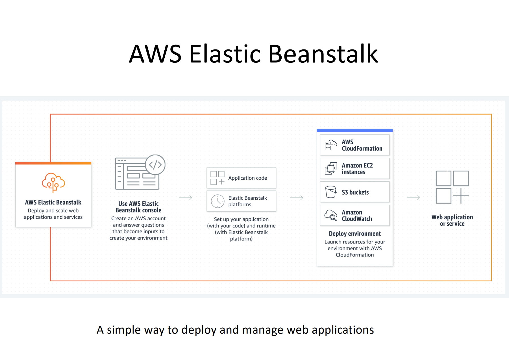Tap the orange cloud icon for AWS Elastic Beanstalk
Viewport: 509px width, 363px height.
[x=53, y=182]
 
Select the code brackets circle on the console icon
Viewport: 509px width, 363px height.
[x=155, y=164]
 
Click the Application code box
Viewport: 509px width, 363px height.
[x=241, y=178]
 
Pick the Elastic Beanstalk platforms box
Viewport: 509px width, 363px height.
[x=241, y=201]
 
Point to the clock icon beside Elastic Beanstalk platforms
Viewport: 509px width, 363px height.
[x=217, y=201]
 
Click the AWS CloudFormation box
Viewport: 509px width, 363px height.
[x=354, y=145]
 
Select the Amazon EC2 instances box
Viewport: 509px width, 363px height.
[x=354, y=168]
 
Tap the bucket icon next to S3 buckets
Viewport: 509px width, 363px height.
[x=331, y=192]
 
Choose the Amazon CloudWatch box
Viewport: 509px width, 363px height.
[x=354, y=215]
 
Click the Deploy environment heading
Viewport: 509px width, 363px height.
[x=354, y=234]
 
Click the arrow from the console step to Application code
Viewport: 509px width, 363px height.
[x=186, y=198]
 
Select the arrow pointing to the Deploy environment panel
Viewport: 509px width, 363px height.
[x=297, y=198]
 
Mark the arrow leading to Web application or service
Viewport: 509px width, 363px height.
[x=413, y=198]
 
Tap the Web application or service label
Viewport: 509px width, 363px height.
[x=452, y=220]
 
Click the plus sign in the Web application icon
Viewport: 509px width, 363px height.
[x=461, y=195]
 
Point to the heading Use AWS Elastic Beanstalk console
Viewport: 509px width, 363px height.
[x=138, y=207]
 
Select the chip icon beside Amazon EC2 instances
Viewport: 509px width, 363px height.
[x=331, y=169]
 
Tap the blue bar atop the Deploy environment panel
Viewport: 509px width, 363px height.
[x=354, y=131]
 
